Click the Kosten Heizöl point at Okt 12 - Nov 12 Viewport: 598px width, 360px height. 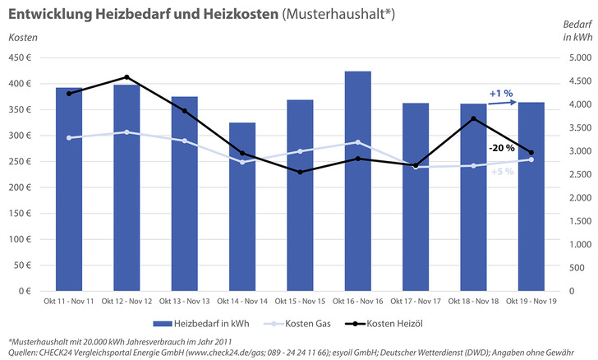coord(126,77)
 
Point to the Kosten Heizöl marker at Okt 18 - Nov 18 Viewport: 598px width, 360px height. coord(473,118)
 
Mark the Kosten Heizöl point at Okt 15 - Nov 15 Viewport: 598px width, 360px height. coord(300,172)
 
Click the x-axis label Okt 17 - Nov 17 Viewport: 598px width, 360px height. coord(415,301)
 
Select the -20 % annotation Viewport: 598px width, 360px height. coord(501,149)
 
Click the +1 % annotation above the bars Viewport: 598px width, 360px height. coord(501,93)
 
